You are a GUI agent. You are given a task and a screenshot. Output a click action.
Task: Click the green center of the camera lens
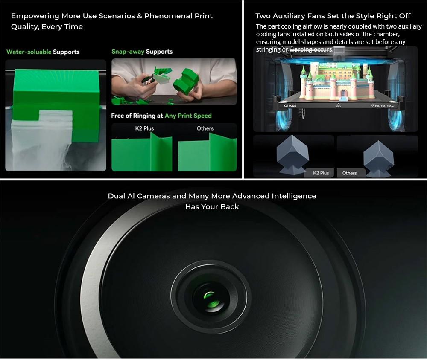point(210,296)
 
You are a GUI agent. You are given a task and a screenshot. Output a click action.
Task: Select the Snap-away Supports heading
point(142,52)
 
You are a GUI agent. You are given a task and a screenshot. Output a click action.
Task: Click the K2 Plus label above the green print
point(144,128)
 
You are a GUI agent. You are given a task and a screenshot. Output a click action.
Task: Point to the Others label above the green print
point(205,128)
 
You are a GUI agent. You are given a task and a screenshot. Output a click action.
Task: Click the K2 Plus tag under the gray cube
point(321,173)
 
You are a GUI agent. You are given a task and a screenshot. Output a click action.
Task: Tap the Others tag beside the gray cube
point(349,173)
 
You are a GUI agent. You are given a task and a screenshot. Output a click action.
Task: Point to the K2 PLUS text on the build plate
point(290,105)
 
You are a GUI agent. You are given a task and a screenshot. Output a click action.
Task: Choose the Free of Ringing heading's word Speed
point(202,116)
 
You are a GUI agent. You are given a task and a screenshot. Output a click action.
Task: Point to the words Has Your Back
point(212,207)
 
